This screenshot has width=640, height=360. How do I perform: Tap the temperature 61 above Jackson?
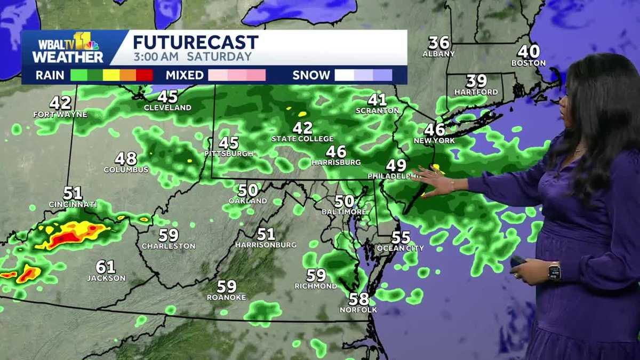(106, 267)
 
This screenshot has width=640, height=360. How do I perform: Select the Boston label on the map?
(528, 63)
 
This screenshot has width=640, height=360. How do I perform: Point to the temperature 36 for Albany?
(439, 43)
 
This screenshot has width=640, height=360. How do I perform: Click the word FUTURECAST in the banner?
(195, 43)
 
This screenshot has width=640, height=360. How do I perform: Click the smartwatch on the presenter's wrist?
(554, 271)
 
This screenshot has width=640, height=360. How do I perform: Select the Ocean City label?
(400, 248)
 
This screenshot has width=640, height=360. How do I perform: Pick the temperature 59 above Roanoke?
(227, 286)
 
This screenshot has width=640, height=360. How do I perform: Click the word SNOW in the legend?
(310, 75)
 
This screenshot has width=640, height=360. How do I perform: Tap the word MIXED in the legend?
(184, 75)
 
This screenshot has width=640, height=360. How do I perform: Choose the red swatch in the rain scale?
(145, 75)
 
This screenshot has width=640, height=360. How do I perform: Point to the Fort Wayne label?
(60, 114)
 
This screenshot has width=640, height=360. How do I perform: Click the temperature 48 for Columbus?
(126, 158)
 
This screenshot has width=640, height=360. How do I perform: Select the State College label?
(302, 139)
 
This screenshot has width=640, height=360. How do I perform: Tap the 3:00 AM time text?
(152, 57)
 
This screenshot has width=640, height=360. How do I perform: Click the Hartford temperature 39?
(476, 81)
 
